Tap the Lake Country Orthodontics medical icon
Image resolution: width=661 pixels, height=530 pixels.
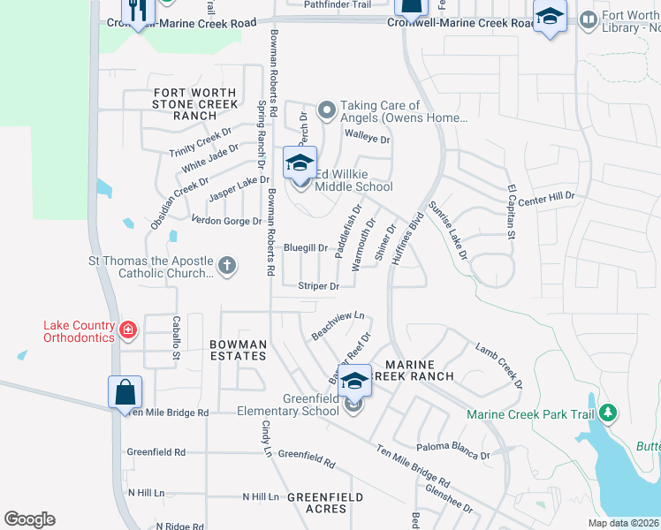click(x=129, y=330)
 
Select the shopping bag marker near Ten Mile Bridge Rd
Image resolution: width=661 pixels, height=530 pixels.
click(x=125, y=391)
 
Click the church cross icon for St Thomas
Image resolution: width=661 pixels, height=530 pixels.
click(x=227, y=266)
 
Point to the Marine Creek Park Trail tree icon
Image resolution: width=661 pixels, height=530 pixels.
click(x=607, y=413)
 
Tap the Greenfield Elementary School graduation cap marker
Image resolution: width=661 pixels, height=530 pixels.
click(x=354, y=381)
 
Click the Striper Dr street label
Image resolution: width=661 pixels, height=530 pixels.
click(x=318, y=286)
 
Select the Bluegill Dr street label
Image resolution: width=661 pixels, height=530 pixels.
click(x=306, y=248)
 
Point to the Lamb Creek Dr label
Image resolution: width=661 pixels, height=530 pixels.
click(x=499, y=367)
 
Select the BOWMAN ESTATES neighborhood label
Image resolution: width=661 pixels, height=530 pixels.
click(x=238, y=350)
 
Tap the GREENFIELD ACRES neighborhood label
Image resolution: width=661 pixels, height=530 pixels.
click(x=325, y=503)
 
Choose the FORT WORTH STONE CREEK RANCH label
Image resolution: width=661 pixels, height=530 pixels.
click(x=195, y=104)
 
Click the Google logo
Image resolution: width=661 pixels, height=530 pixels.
click(x=30, y=519)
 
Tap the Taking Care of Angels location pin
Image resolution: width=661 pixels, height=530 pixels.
click(x=327, y=110)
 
